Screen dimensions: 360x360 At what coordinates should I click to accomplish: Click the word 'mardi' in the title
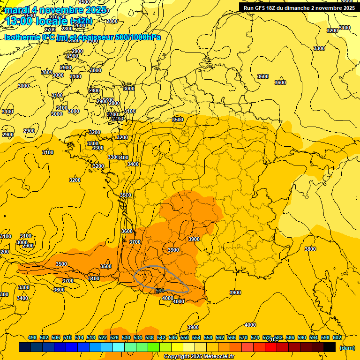point(17,10)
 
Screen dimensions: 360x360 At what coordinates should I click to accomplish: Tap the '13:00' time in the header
point(19,21)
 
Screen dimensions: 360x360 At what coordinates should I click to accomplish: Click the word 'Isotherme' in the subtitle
point(22,37)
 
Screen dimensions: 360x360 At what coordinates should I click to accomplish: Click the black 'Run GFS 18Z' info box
point(299,7)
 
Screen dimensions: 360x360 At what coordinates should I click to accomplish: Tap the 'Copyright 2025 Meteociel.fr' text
point(199,356)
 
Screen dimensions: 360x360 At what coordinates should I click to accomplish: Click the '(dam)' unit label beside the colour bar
point(347,347)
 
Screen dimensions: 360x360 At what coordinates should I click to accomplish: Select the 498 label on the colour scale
point(32,337)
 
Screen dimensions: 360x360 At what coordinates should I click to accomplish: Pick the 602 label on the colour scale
point(337,337)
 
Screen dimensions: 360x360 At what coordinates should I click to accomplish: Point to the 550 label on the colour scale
point(185,337)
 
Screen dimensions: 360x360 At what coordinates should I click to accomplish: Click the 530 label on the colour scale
point(126,337)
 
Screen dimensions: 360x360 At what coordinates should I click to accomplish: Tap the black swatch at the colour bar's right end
point(330,347)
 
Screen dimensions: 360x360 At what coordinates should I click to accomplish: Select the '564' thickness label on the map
point(160,291)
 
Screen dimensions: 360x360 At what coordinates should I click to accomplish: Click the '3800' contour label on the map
point(310,249)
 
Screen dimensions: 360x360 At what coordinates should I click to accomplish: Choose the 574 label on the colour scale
point(255,337)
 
